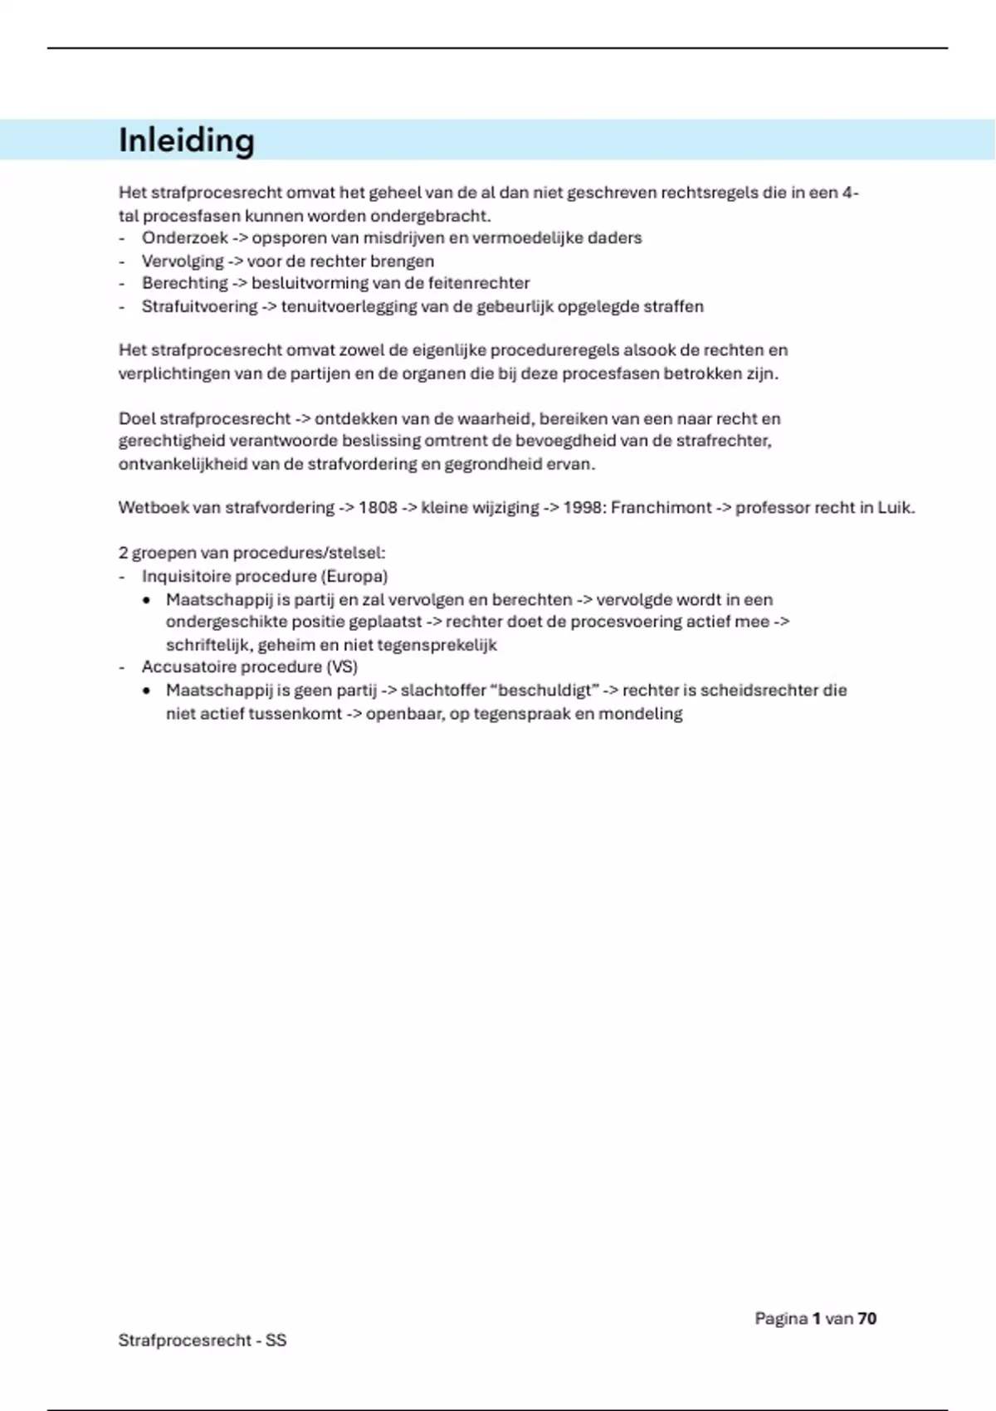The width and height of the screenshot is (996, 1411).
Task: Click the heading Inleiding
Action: click(x=186, y=140)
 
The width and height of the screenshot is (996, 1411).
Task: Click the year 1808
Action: click(x=378, y=507)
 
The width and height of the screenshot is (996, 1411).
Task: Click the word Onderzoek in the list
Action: click(x=184, y=238)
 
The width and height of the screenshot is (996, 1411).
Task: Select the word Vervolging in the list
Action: click(x=183, y=261)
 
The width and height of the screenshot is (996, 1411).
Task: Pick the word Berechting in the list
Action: click(x=184, y=283)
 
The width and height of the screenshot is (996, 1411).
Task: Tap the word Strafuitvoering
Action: click(x=199, y=306)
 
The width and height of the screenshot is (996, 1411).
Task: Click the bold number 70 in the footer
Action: click(x=867, y=1318)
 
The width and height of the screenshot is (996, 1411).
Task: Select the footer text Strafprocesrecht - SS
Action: click(x=203, y=1340)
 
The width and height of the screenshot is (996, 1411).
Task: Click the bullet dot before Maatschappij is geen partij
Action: click(x=147, y=691)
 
